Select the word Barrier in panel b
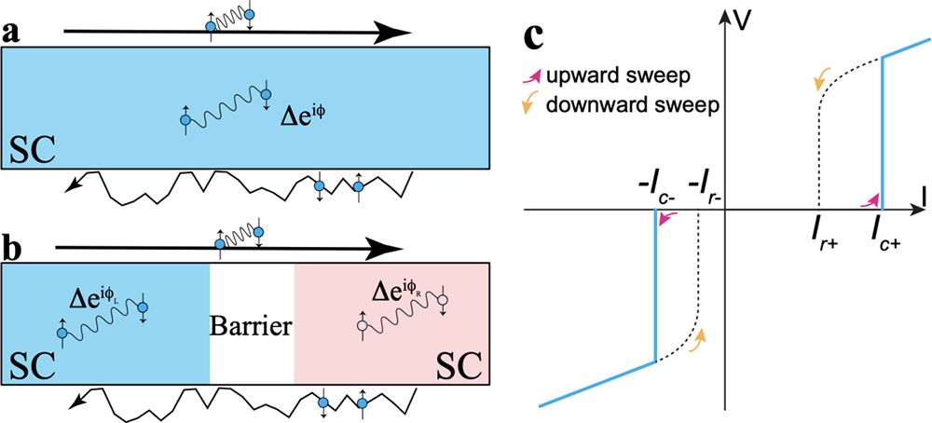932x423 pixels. pyautogui.click(x=253, y=327)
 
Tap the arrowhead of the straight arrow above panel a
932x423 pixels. pyautogui.click(x=400, y=34)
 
